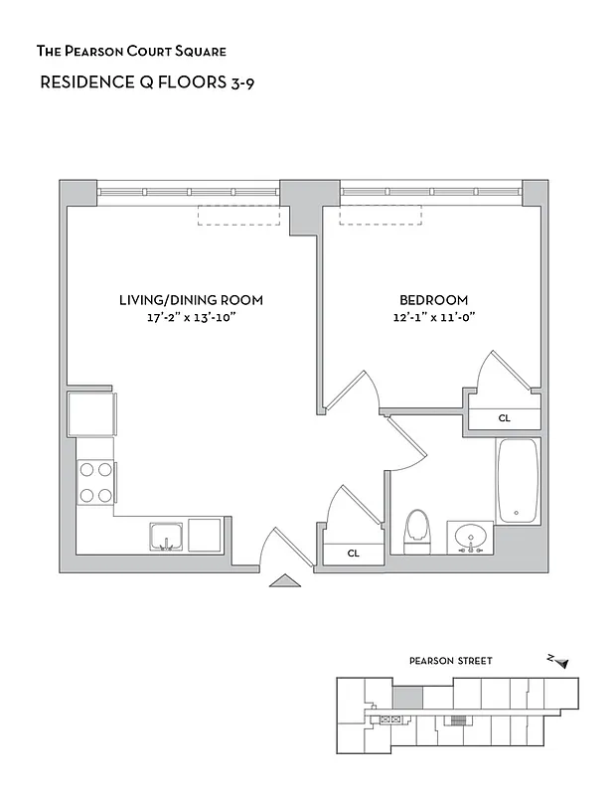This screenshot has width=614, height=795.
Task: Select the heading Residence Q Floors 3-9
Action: click(x=138, y=83)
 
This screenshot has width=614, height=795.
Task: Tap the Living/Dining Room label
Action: click(x=191, y=300)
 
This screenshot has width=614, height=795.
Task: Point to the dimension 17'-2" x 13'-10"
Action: click(x=191, y=318)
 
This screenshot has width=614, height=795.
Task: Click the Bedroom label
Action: click(x=433, y=300)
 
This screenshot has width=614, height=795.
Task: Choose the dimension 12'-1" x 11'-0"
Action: click(x=433, y=318)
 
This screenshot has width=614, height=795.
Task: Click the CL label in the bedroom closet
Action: click(x=505, y=419)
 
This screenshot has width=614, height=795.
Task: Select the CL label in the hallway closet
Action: click(x=353, y=554)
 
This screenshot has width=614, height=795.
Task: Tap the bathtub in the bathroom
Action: click(x=518, y=481)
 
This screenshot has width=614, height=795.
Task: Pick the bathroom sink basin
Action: click(x=469, y=538)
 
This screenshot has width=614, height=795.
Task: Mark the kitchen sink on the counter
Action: click(x=167, y=537)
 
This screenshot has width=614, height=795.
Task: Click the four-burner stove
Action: click(x=95, y=482)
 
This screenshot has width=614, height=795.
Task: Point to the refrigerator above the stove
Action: click(x=90, y=413)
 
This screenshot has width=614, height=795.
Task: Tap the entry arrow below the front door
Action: click(x=284, y=581)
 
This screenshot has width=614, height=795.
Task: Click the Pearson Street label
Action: click(x=450, y=661)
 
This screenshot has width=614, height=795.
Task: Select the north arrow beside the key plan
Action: click(x=561, y=661)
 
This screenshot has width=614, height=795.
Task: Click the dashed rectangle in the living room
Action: click(x=238, y=215)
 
